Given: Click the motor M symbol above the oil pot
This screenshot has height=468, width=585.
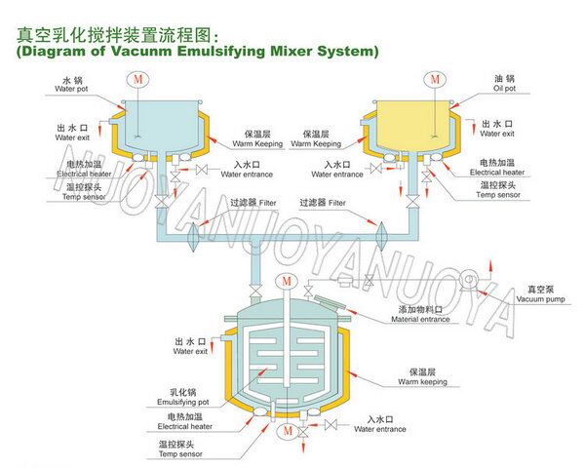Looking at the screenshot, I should coord(433,77).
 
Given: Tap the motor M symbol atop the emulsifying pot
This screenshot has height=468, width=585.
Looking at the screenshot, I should coord(286,283).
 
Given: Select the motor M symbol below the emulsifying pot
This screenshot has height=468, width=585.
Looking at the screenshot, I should coord(286,429).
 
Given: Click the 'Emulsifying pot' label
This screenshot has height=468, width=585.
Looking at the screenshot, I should coord(181,400).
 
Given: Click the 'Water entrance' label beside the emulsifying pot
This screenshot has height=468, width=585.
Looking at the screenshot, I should coord(380,428).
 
